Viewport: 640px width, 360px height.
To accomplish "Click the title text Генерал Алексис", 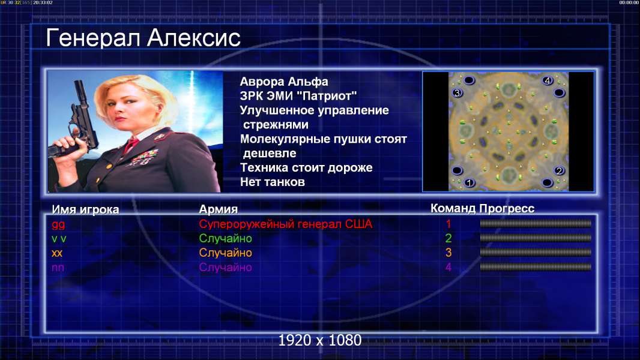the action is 143,38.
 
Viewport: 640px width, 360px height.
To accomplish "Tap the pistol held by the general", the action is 77,122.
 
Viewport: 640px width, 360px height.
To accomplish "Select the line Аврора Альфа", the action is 283,82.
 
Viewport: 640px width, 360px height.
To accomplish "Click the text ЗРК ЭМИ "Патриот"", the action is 298,96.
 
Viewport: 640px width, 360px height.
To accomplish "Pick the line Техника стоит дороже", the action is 306,167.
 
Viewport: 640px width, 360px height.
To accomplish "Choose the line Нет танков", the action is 272,182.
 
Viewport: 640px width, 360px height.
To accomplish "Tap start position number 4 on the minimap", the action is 548,80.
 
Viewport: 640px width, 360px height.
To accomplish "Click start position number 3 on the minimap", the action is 457,93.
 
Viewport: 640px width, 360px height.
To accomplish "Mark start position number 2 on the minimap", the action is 559,170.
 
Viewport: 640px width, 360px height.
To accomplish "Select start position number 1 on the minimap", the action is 469,182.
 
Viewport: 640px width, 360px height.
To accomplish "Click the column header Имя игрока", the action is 85,209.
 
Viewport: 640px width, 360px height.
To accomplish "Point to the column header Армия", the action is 218,209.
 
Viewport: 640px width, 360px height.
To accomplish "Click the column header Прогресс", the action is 507,208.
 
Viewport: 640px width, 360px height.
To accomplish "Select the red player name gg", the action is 58,224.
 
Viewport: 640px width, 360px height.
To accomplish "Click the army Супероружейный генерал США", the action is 285,224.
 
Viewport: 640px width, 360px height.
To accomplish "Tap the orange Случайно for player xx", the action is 225,253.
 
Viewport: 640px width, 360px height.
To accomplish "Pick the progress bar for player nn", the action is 535,267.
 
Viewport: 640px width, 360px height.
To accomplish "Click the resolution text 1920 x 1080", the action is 319,340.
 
